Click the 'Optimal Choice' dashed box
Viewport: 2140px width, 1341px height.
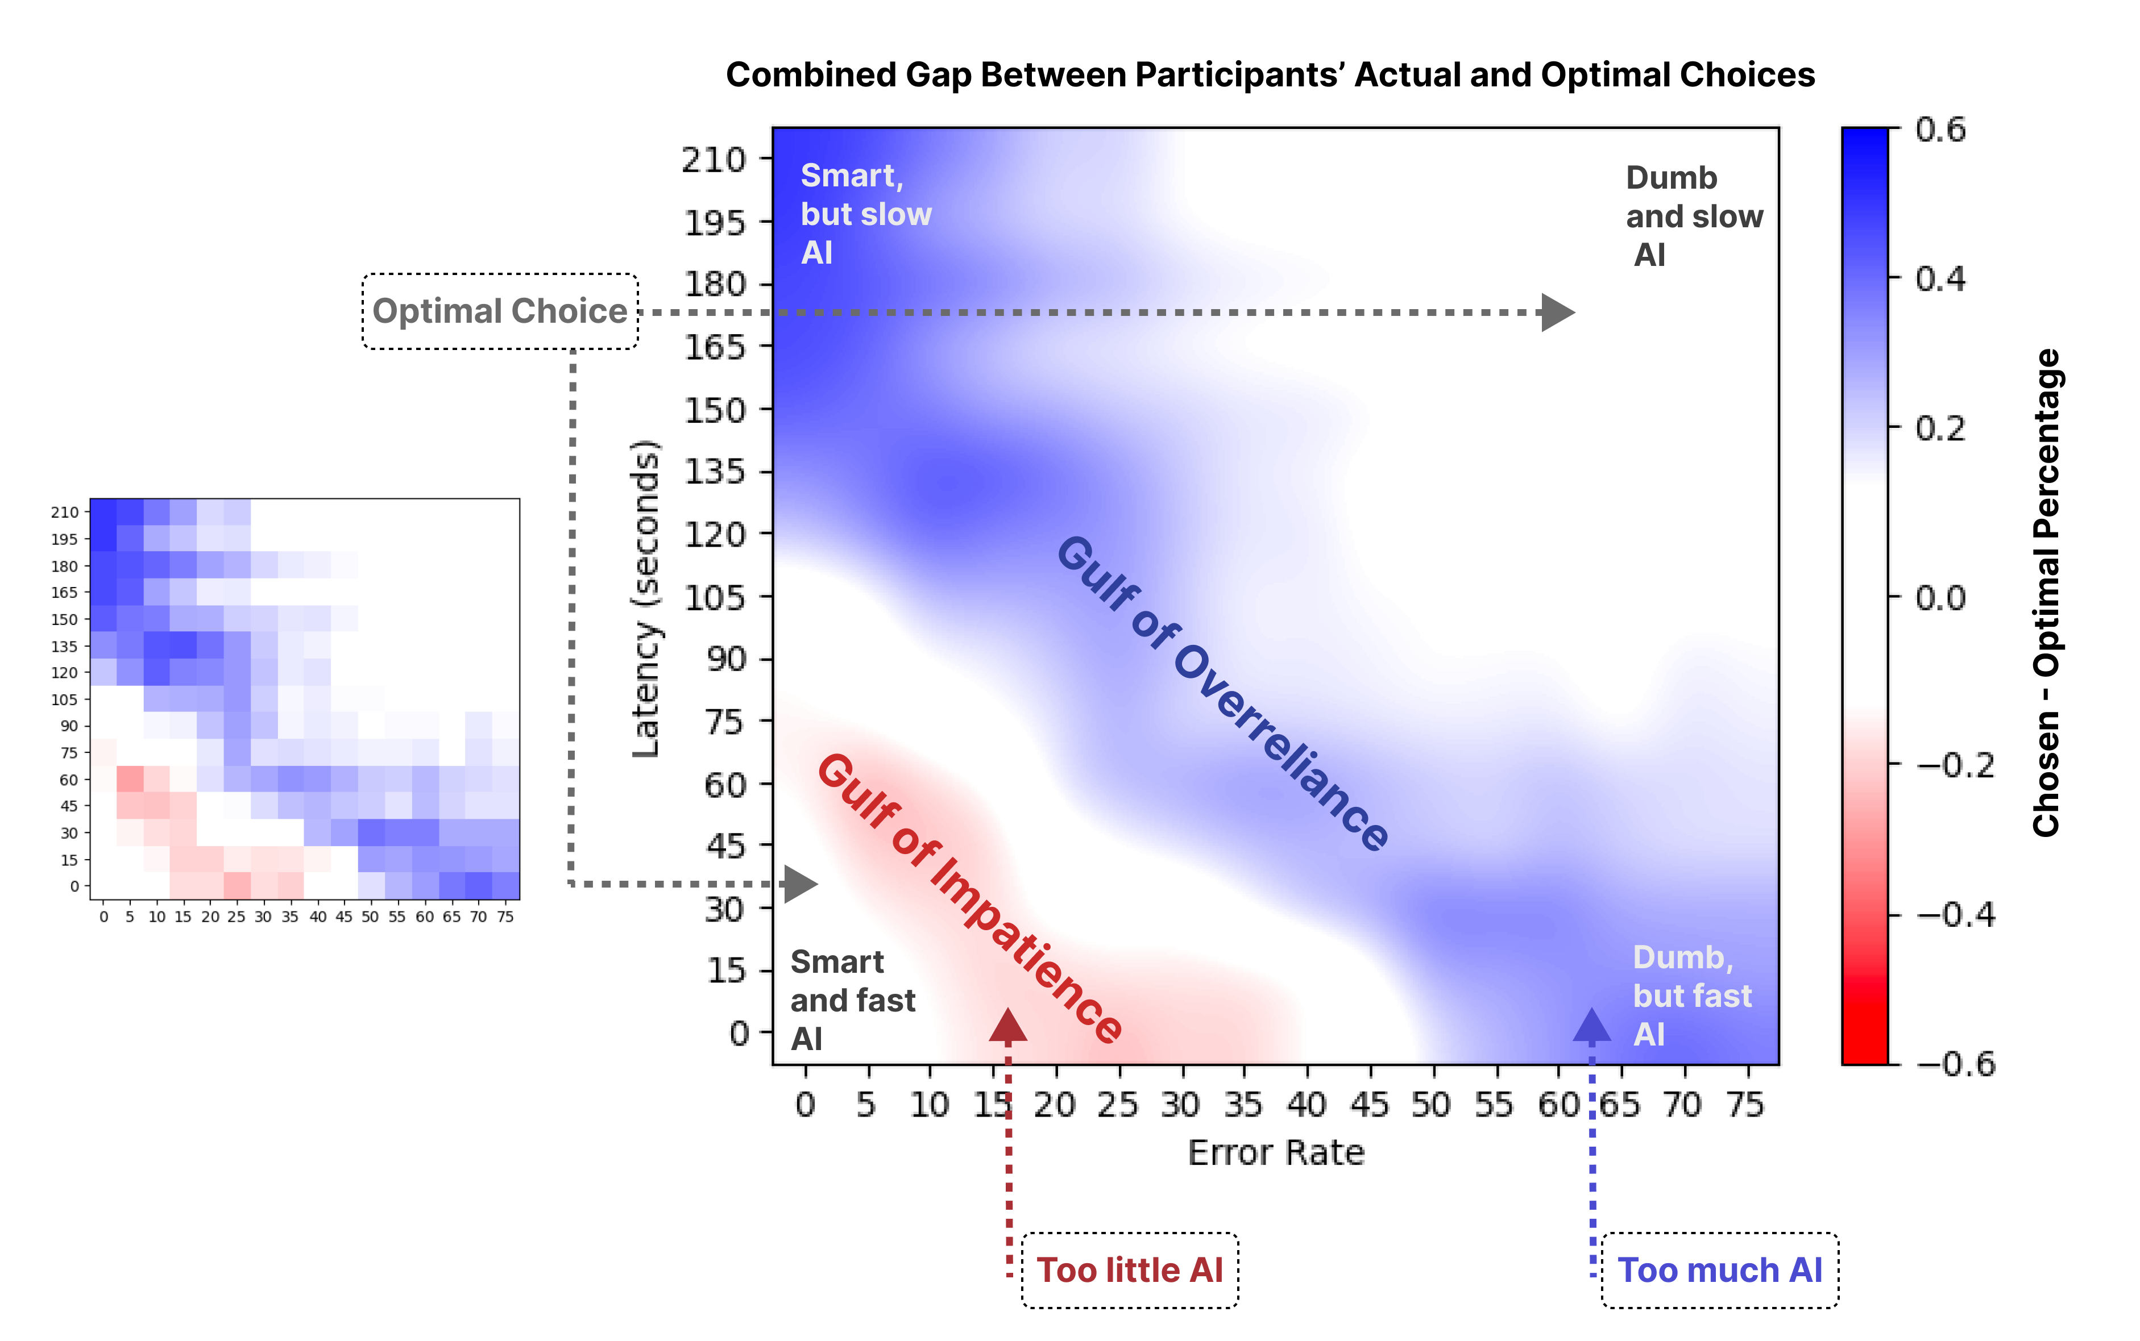[500, 311]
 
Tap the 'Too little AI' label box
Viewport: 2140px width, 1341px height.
[1130, 1270]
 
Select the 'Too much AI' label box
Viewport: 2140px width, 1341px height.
[1719, 1270]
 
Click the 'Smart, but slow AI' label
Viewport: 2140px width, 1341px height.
[865, 215]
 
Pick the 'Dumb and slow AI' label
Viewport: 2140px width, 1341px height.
[1693, 216]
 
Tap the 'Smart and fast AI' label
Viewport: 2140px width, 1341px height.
[852, 999]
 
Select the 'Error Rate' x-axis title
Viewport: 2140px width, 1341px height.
[1276, 1152]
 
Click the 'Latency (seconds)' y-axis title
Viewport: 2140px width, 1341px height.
[646, 599]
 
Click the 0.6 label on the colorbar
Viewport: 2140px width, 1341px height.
[1940, 130]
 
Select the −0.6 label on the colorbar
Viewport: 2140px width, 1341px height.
[1955, 1063]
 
